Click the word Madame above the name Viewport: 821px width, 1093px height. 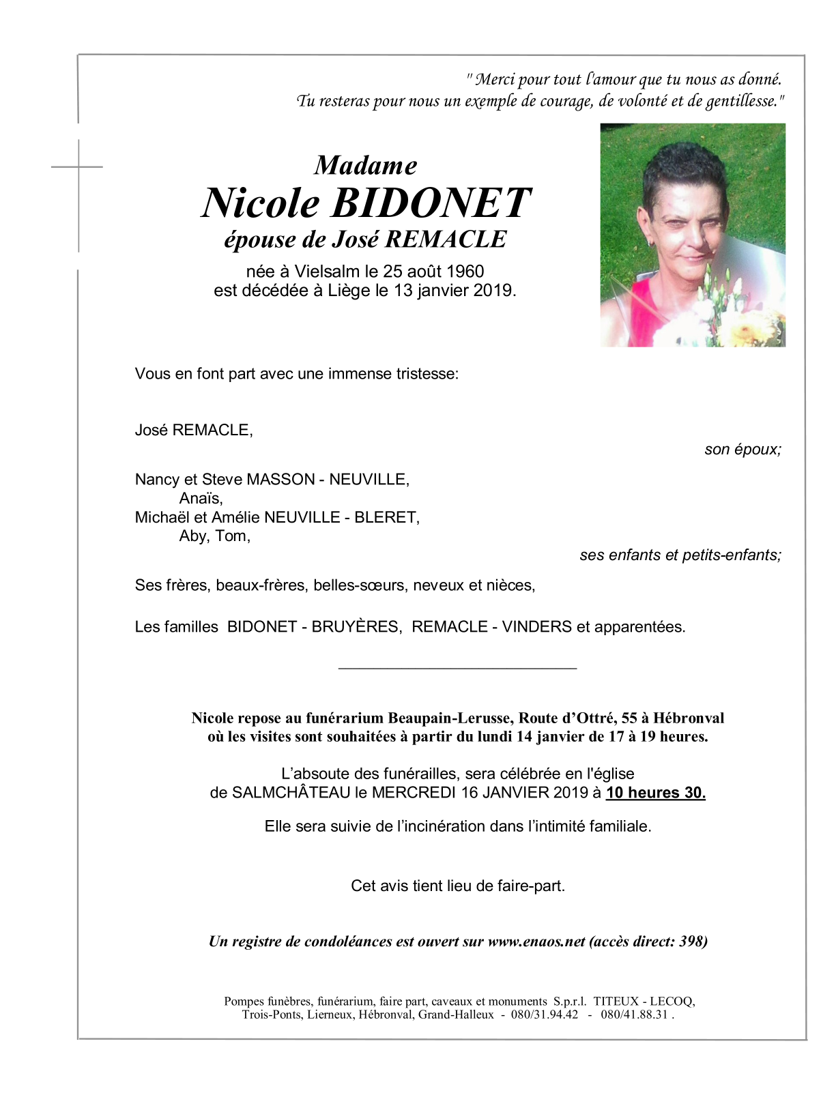click(x=365, y=166)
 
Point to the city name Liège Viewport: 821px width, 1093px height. click(x=348, y=291)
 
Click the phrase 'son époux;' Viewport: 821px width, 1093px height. click(x=743, y=450)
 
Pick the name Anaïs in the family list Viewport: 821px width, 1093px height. click(x=201, y=499)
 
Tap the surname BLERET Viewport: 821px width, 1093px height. click(x=386, y=518)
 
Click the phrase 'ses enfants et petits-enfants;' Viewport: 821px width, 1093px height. click(x=680, y=555)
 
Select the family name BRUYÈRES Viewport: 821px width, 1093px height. click(x=356, y=627)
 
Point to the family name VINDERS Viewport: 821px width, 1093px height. click(x=537, y=627)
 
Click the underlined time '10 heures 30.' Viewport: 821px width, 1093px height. click(x=656, y=793)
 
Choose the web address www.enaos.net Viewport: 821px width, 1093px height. click(x=536, y=942)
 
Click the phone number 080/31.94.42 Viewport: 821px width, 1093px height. click(x=545, y=1015)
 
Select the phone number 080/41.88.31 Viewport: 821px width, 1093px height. click(x=634, y=1015)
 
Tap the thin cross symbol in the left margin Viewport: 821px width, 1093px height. click(x=78, y=166)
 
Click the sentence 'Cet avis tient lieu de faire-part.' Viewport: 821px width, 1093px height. click(x=457, y=886)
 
